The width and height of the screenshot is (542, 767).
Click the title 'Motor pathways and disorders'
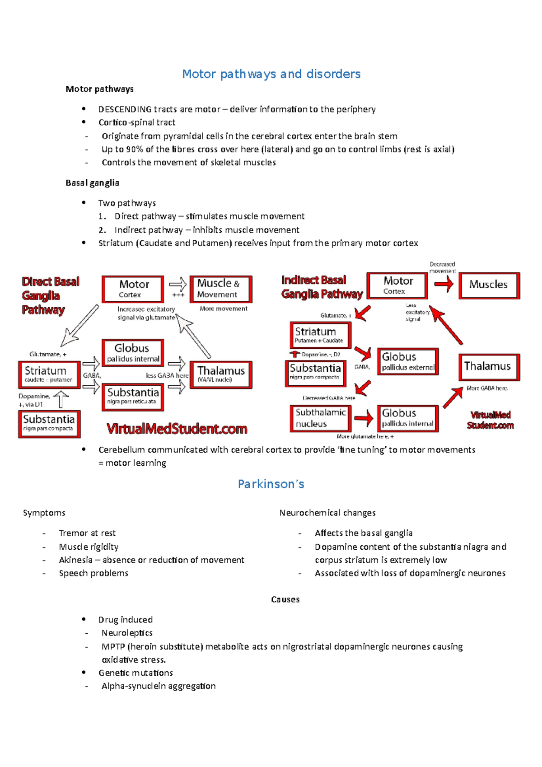tap(271, 74)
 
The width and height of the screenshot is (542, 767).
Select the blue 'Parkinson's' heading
tap(271, 484)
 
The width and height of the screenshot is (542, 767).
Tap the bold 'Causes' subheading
tap(285, 599)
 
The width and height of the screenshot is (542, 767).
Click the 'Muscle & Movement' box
tap(220, 289)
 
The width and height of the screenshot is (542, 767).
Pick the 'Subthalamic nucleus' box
tap(320, 418)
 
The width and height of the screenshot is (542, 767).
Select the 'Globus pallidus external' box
tap(408, 361)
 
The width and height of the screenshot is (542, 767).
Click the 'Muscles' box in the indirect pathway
tap(489, 285)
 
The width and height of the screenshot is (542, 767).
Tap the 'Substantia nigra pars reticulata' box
tap(133, 397)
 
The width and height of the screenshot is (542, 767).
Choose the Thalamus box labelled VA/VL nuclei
tap(220, 374)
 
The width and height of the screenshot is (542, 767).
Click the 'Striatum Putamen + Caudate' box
tap(320, 335)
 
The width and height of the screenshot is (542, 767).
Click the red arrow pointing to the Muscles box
tap(444, 284)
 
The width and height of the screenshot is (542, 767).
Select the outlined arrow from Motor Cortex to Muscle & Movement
tap(178, 285)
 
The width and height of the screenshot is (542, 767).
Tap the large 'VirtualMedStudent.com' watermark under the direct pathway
tap(177, 429)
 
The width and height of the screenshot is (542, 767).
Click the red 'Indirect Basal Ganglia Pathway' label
tap(322, 287)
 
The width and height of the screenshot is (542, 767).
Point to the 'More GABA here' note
tap(487, 388)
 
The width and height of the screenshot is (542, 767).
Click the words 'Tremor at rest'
tap(87, 533)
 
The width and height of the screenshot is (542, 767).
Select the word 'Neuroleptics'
tap(127, 633)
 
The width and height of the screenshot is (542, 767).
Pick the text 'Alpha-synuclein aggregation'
tap(159, 686)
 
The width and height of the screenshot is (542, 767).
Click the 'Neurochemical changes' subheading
tap(327, 513)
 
